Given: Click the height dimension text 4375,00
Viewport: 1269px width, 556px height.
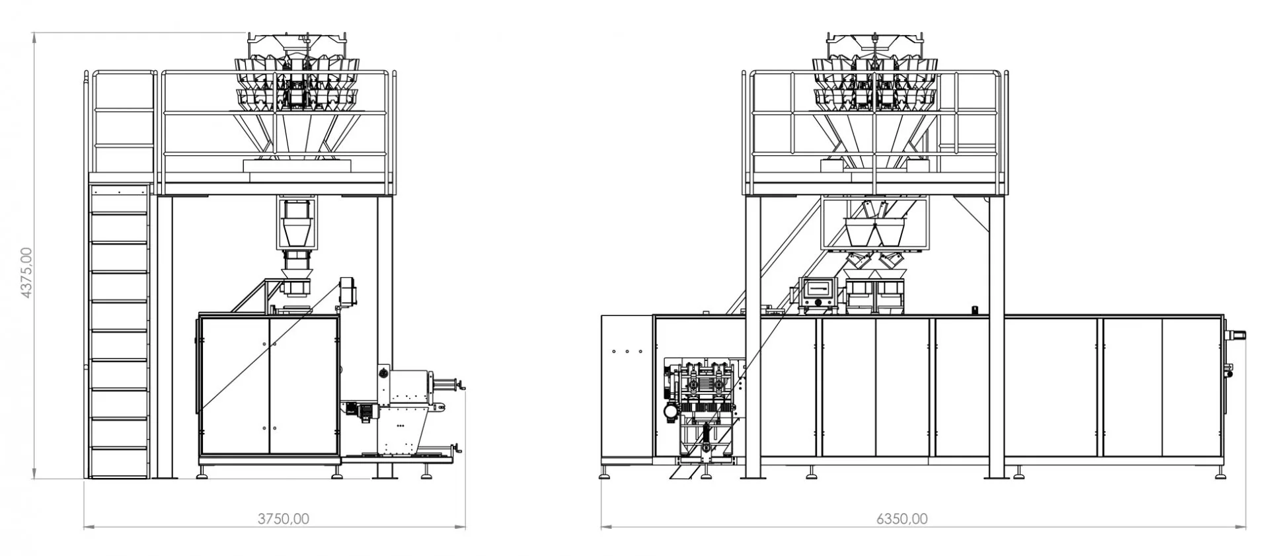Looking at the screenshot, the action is [26, 272].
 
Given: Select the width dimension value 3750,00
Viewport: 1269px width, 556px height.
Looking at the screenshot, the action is [283, 519].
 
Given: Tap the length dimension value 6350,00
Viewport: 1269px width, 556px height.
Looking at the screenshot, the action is [902, 519].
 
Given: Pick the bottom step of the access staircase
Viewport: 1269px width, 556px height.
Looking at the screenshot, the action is [118, 463].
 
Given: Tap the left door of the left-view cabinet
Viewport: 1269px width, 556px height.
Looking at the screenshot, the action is [235, 386].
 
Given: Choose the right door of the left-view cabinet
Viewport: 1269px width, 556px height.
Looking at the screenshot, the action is [303, 386].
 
